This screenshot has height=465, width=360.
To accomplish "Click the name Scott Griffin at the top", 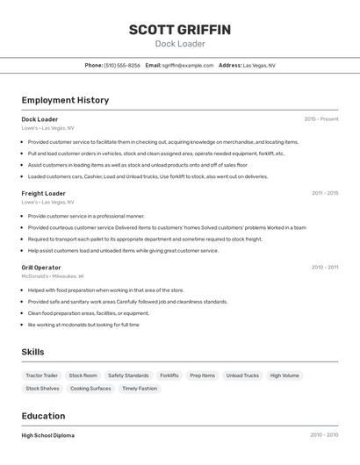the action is [x=180, y=30].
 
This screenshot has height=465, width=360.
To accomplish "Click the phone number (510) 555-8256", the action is [x=122, y=65].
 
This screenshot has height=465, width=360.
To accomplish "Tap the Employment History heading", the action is [x=65, y=100].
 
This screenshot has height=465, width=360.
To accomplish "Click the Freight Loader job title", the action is [x=43, y=193].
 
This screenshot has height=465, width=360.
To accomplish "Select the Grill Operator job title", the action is [x=41, y=267].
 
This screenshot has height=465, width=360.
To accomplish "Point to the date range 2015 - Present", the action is [x=320, y=119].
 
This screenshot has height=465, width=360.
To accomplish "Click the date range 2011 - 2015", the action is [x=324, y=193].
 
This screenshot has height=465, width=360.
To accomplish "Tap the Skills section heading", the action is [x=32, y=352].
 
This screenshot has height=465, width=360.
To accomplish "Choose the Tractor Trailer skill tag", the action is [x=41, y=376].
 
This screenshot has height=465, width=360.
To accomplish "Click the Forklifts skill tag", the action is [x=169, y=376].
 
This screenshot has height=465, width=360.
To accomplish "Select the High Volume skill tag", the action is [x=284, y=376].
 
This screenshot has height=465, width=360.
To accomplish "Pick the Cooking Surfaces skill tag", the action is [x=90, y=388].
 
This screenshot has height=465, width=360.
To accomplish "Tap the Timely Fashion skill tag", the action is [x=140, y=388].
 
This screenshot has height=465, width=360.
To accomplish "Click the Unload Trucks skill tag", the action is [x=242, y=376].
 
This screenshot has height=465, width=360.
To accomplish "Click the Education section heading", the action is [x=43, y=416].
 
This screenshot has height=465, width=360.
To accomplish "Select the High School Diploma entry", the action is [x=47, y=435].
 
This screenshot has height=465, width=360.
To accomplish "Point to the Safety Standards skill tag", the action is [x=128, y=376].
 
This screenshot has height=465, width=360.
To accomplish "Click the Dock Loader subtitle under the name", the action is [x=180, y=44].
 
